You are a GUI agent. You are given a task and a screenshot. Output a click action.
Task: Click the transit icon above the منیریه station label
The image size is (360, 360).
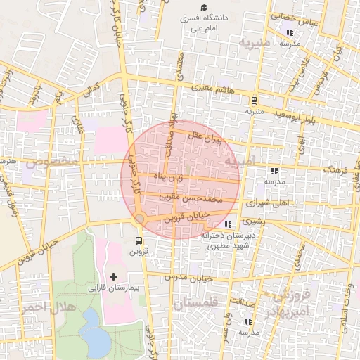[253, 100]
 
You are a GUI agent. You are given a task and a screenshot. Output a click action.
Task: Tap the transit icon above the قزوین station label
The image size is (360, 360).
[137, 240]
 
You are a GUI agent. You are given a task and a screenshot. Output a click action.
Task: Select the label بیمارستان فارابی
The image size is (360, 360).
[110, 288]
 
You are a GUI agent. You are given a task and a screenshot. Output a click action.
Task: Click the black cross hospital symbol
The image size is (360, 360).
[114, 277]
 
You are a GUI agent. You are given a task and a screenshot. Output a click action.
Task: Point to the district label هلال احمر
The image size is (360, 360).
[38, 309]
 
